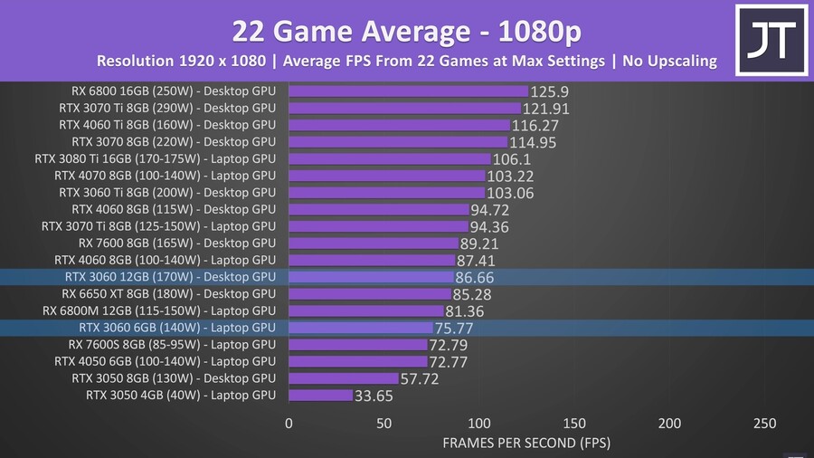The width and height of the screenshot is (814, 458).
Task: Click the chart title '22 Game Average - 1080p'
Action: pyautogui.click(x=406, y=31)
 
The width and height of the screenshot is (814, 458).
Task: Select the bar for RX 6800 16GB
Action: pyautogui.click(x=408, y=91)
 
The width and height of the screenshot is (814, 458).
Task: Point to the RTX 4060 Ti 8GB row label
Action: pyautogui.click(x=166, y=125)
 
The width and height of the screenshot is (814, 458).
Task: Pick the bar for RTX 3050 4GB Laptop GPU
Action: pyautogui.click(x=320, y=396)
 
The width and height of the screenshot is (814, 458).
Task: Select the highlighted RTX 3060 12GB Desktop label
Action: pyautogui.click(x=170, y=277)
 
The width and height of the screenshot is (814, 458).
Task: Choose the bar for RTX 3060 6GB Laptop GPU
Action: pyautogui.click(x=360, y=328)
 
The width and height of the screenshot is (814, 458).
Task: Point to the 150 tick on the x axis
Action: pyautogui.click(x=574, y=424)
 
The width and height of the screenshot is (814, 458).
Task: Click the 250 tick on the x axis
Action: pyautogui.click(x=764, y=424)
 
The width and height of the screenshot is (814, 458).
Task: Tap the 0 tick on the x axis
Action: pyautogui.click(x=289, y=424)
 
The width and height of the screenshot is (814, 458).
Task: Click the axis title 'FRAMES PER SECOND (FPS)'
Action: pyautogui.click(x=526, y=444)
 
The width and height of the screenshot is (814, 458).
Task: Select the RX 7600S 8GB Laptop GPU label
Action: pyautogui.click(x=172, y=345)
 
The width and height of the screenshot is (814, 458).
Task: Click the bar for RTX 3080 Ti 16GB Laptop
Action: pyautogui.click(x=389, y=159)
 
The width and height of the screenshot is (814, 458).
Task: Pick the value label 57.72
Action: pyautogui.click(x=420, y=379)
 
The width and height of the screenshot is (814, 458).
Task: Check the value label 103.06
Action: pyautogui.click(x=510, y=194)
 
